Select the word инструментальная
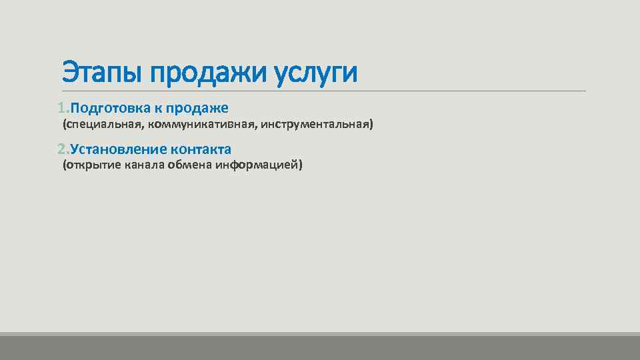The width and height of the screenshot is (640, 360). point(316,125)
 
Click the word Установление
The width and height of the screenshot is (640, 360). point(117,149)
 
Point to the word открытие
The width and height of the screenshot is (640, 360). point(91,165)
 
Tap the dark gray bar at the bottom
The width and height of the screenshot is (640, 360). point(320,347)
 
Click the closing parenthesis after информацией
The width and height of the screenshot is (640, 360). point(301,165)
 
